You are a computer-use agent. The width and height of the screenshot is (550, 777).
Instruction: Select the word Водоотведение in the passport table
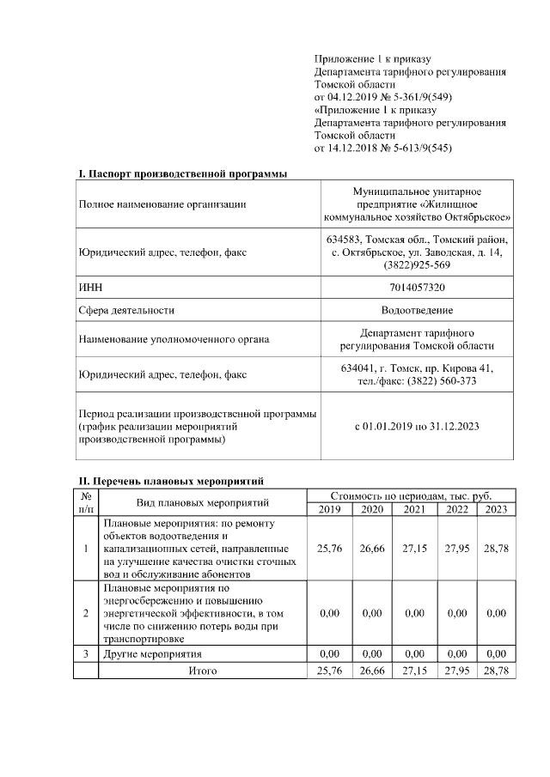(417, 310)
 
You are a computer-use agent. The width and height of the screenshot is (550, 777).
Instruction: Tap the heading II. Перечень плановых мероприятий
(171, 480)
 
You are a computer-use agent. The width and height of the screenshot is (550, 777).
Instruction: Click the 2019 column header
(329, 509)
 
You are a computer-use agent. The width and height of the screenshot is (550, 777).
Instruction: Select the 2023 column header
(496, 509)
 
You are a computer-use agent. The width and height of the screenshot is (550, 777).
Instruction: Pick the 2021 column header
(413, 509)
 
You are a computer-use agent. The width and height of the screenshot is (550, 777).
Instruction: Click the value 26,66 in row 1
(371, 548)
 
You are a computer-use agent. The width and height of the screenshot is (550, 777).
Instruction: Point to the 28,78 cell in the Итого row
(496, 670)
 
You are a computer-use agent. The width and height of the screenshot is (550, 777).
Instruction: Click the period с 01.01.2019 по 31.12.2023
(417, 426)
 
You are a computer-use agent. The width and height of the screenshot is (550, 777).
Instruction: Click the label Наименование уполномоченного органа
(173, 339)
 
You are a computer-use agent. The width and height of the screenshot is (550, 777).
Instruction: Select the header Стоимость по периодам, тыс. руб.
(411, 495)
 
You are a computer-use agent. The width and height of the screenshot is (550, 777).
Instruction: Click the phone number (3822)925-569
(417, 264)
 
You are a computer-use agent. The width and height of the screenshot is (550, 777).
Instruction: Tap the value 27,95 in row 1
(455, 548)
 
